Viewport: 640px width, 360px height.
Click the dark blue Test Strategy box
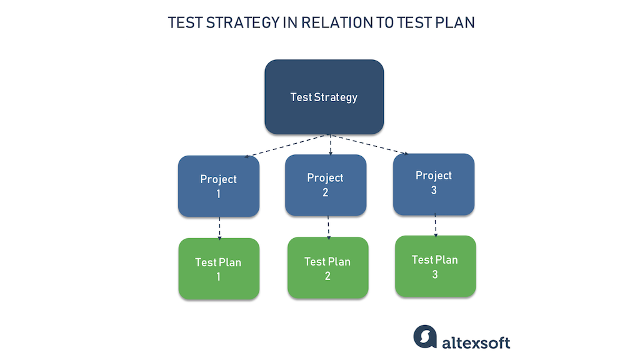coord(324,97)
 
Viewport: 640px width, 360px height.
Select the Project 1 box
coord(219,186)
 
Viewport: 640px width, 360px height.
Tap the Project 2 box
coord(326,185)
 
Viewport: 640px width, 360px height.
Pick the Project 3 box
coord(434,183)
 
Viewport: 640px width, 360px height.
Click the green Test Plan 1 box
coord(218,269)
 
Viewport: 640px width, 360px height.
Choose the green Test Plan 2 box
coord(327,268)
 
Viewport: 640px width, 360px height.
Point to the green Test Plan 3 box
coord(435,266)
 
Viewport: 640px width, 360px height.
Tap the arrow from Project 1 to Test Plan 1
coord(219,227)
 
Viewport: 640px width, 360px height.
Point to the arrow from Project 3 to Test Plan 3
coord(436,225)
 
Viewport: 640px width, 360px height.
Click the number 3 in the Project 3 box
coord(434,191)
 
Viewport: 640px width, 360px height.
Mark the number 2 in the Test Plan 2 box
coord(327,276)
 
